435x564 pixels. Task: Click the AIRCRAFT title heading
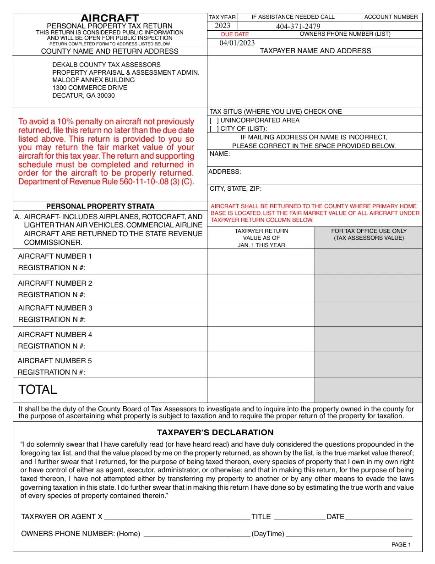point(110,18)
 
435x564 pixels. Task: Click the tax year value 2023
point(223,26)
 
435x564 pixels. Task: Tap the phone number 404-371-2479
point(298,26)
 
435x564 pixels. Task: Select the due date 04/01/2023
point(237,43)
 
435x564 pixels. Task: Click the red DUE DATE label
point(235,34)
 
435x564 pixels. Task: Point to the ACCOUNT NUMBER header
point(391,17)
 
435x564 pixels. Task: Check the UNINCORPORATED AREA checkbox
point(214,120)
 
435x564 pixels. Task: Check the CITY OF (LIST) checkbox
point(214,129)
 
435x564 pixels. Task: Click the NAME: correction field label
point(220,154)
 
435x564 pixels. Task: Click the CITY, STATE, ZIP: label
point(236,188)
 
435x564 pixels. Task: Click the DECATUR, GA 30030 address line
point(83,95)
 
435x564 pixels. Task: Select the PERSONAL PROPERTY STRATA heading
point(100,206)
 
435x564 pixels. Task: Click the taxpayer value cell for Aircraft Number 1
point(261,262)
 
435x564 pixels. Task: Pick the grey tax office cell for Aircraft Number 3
point(368,314)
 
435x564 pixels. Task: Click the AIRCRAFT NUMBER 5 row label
point(54,361)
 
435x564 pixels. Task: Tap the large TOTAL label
point(38,390)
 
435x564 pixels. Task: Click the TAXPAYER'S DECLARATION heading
point(215,432)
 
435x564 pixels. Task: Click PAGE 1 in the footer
point(401,545)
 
